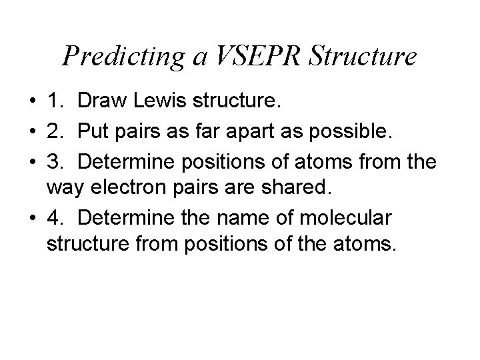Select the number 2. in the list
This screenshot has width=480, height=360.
point(56,133)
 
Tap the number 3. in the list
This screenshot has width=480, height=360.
point(56,163)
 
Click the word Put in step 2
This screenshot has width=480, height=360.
point(93,133)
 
